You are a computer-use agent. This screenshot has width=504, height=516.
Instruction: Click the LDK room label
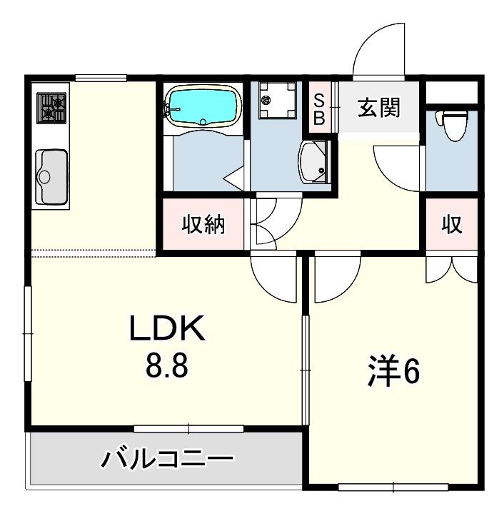167,328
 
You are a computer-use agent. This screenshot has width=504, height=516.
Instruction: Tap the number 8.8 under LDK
167,365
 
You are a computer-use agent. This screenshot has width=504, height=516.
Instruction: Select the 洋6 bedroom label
393,372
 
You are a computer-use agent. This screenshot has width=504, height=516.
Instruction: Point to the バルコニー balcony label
167,458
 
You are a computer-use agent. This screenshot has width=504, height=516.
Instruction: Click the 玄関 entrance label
379,107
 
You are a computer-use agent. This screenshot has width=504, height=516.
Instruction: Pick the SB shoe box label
318,109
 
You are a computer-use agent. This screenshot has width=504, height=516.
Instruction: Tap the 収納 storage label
203,224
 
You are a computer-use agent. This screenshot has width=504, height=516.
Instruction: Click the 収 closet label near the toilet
452,224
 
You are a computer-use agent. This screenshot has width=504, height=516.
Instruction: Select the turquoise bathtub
203,106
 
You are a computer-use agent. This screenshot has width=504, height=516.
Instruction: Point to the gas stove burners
51,108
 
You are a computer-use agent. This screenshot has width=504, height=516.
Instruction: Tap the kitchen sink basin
51,177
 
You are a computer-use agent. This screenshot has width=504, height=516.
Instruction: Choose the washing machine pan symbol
276,100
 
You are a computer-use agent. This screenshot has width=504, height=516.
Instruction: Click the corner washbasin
314,161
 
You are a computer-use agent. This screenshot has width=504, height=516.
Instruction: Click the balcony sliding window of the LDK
188,429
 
